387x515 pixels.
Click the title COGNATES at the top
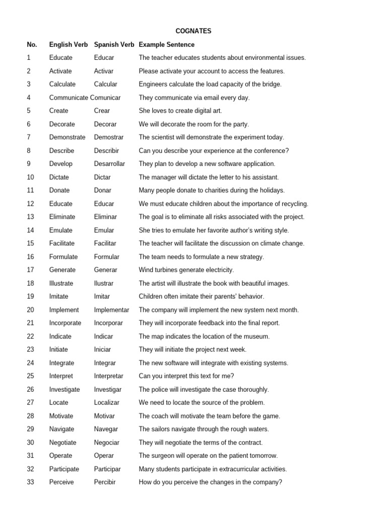click(193, 31)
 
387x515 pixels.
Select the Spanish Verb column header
click(114, 45)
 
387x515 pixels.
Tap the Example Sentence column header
click(166, 45)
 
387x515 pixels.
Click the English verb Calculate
click(62, 84)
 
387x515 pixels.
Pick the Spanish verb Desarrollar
click(109, 164)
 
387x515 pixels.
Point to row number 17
click(31, 270)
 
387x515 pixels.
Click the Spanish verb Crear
click(102, 111)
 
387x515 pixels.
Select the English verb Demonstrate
click(68, 137)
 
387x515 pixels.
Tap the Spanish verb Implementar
click(111, 310)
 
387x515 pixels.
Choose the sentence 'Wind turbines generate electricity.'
click(186, 270)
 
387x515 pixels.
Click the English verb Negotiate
click(63, 443)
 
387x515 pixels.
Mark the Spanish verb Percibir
click(105, 482)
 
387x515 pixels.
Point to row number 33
click(31, 482)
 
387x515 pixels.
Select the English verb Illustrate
click(61, 283)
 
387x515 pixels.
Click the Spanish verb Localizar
click(107, 403)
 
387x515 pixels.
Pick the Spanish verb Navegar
click(106, 429)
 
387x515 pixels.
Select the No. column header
click(32, 45)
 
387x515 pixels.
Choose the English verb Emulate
click(61, 230)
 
